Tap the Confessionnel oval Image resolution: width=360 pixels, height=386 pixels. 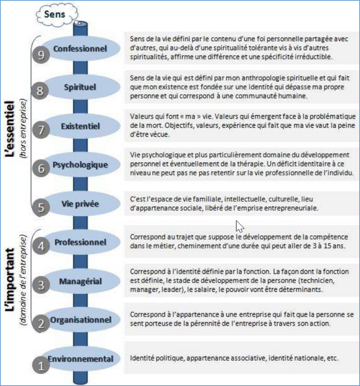tap(80, 49)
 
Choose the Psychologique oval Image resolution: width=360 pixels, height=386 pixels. tap(80, 165)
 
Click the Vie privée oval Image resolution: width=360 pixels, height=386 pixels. tap(80, 204)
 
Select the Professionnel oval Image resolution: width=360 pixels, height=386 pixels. tap(80, 242)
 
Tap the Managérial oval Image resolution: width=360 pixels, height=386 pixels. tap(80, 281)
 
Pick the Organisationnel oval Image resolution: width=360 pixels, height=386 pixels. tap(80, 320)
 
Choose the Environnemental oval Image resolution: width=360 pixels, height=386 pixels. tap(80, 359)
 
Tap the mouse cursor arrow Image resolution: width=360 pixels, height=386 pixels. tap(240, 227)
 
